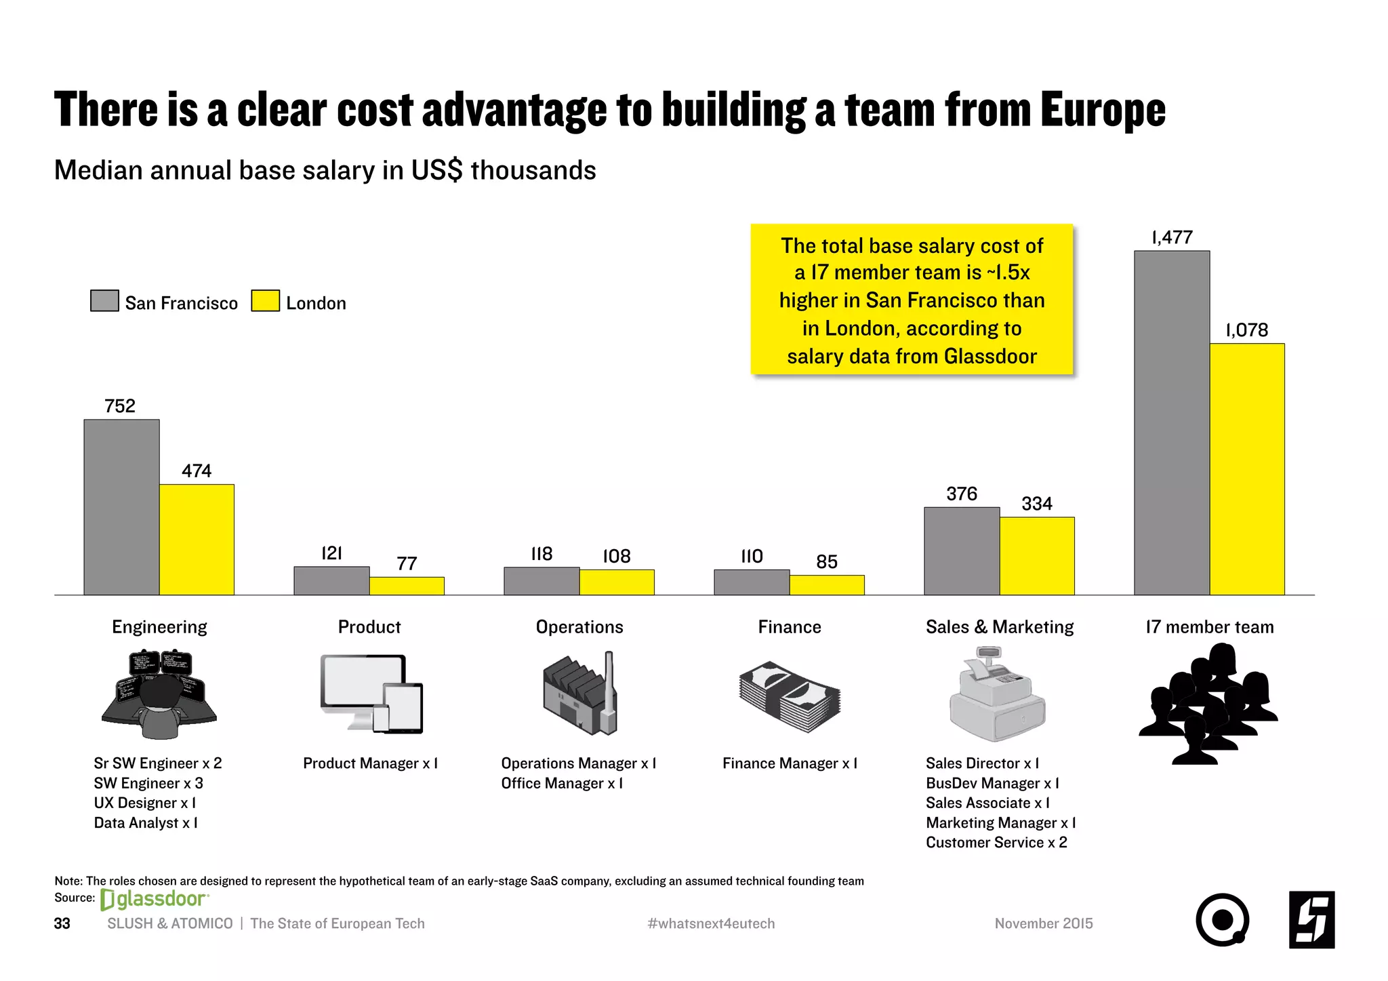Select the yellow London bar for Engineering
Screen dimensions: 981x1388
click(197, 540)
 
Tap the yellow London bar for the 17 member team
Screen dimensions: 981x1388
click(1247, 469)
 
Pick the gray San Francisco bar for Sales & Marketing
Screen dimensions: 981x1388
click(962, 551)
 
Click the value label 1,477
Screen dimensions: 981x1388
click(1172, 238)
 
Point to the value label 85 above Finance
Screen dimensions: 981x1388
click(827, 562)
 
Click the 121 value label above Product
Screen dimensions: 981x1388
click(331, 554)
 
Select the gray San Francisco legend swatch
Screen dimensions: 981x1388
click(104, 301)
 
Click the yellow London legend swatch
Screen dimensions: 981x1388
click(265, 301)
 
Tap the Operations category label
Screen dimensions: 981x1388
click(579, 627)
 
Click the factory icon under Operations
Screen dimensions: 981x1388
click(580, 694)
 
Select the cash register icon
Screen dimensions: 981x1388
click(998, 694)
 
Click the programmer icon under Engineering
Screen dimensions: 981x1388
click(159, 694)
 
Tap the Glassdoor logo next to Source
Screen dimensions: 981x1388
click(155, 900)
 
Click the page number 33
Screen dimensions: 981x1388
click(62, 924)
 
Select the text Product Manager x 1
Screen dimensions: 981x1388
click(370, 764)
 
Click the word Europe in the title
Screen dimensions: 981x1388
click(1103, 110)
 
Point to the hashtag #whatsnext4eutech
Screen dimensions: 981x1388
click(711, 924)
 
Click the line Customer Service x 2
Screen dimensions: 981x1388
click(996, 843)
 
